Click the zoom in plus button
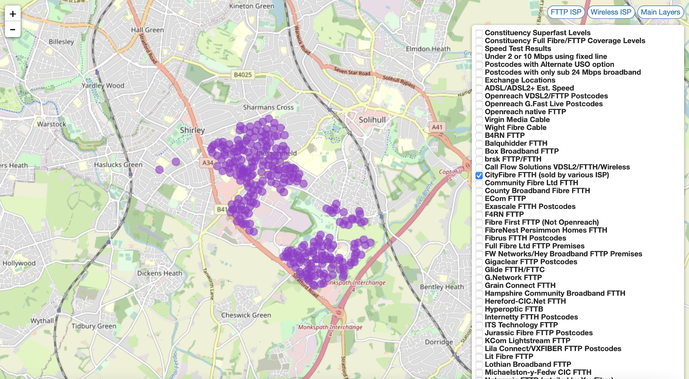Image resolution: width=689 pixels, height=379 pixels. coord(12,14)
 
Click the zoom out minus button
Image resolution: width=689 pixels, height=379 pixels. coord(12,29)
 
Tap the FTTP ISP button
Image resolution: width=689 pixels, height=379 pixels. coord(565,12)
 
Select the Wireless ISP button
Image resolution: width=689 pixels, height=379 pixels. coord(611,12)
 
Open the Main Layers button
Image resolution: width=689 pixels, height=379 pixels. coord(660,12)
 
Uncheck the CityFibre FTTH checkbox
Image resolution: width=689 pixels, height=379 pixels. coord(479,175)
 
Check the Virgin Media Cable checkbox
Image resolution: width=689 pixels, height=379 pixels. coord(479,120)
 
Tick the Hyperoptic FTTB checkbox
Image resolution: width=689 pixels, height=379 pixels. coord(479,309)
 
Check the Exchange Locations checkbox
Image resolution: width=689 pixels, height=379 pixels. coord(479,80)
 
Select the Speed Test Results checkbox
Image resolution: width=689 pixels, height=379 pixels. coord(479,49)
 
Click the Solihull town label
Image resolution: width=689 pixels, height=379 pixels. coord(372,120)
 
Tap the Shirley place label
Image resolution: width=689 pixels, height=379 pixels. coord(192,130)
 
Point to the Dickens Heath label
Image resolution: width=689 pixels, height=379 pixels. coord(159,273)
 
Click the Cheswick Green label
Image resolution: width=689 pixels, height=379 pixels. coord(246,315)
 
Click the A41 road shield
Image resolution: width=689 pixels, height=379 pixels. coord(437,127)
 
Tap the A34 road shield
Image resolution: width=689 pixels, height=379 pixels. coord(208,162)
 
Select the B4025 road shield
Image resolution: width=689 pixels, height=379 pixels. coord(242,75)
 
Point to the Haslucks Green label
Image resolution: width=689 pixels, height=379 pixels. coord(118,165)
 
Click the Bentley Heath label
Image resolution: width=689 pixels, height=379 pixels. coord(442,287)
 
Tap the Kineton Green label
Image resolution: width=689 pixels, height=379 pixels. coord(251,6)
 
